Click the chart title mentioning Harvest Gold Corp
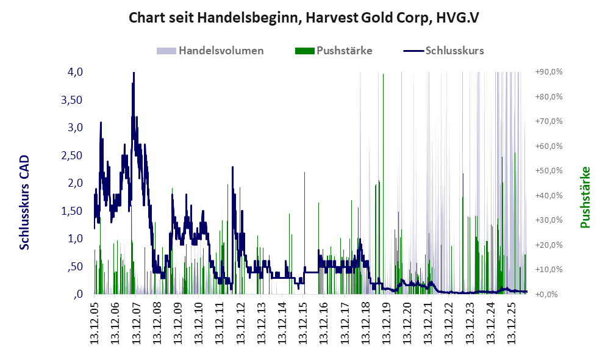[x=304, y=18]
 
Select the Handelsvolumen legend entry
[x=210, y=51]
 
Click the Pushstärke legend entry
[x=334, y=51]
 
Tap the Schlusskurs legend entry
[x=443, y=51]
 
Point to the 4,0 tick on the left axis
[x=75, y=72]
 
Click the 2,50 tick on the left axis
[x=72, y=155]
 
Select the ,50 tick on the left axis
[x=75, y=267]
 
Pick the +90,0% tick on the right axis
[x=549, y=72]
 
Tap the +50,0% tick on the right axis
[x=549, y=171]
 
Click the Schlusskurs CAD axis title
[x=24, y=202]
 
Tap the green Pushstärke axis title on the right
[x=585, y=198]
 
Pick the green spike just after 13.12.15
[x=305, y=232]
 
